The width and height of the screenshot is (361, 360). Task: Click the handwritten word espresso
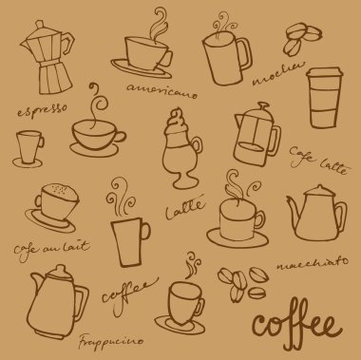(x=43, y=110)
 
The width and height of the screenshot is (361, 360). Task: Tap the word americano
(x=161, y=90)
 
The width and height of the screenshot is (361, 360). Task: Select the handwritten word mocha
(x=278, y=74)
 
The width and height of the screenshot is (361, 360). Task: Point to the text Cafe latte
(x=318, y=161)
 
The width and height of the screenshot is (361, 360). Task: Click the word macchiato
(x=313, y=264)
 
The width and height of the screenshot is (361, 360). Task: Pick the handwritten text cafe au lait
(x=51, y=250)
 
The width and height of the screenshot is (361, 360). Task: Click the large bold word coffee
(x=296, y=325)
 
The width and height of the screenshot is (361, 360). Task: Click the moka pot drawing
(x=47, y=57)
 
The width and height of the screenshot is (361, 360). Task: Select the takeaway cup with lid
(x=324, y=98)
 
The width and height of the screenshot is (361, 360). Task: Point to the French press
(x=256, y=135)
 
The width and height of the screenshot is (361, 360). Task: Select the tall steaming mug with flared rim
(x=130, y=242)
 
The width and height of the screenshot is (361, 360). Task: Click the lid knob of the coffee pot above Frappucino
(x=60, y=271)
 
